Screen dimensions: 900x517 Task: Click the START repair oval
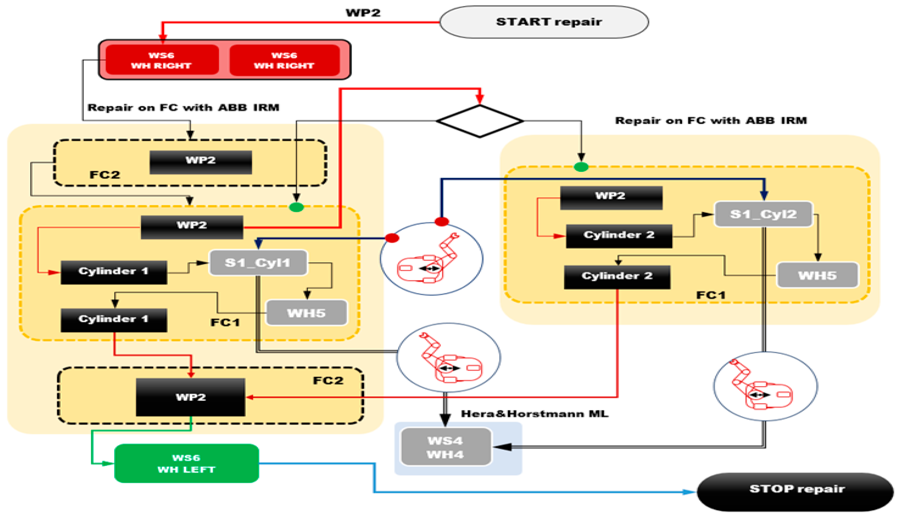pos(544,22)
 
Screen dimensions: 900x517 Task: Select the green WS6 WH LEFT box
pos(187,463)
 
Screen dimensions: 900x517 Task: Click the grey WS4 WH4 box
pos(446,447)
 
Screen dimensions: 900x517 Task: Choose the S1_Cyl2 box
pos(763,214)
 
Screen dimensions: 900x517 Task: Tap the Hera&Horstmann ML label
pos(534,414)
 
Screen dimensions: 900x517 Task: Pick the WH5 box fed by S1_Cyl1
pos(307,313)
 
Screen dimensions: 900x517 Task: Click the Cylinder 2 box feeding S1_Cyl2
pos(619,236)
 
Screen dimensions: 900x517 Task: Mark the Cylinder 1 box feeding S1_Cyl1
pos(114,272)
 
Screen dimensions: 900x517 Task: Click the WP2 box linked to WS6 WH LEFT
pos(191,397)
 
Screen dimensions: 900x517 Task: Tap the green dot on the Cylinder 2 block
pos(581,167)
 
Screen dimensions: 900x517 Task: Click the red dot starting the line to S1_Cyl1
pos(392,238)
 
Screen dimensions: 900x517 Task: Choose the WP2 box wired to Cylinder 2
pos(611,198)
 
